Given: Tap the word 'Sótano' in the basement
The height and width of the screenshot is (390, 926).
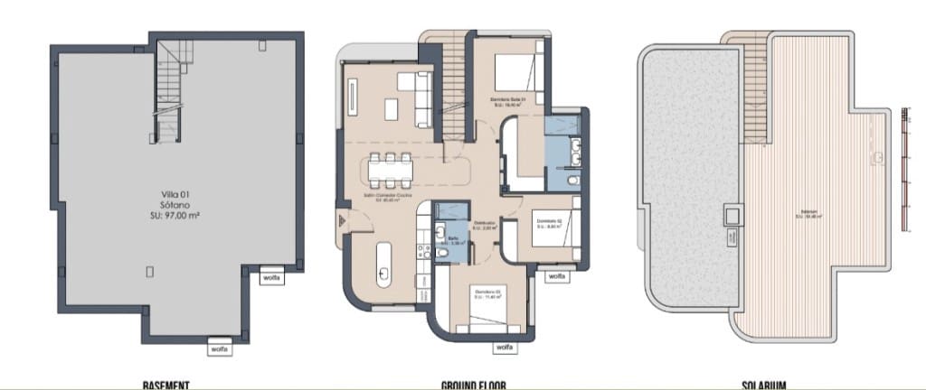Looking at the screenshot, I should point(175,205).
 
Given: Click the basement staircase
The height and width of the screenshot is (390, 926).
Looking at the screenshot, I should point(171,90).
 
